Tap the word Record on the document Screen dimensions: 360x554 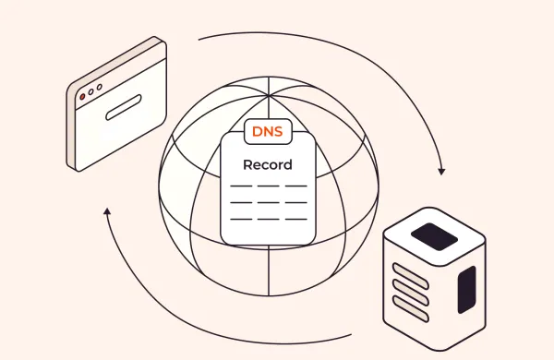click(x=268, y=165)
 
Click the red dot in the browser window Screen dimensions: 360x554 click(x=82, y=96)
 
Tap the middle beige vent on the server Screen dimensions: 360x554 click(x=408, y=294)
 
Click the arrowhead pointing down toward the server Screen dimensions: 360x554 click(x=441, y=171)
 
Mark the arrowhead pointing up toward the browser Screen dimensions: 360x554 click(x=107, y=212)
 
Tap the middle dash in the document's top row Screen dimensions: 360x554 click(x=268, y=186)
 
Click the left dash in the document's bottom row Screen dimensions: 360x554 click(x=240, y=219)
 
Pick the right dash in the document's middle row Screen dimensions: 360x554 click(x=295, y=202)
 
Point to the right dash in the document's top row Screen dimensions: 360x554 click(x=295, y=186)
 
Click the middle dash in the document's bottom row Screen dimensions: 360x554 click(x=268, y=219)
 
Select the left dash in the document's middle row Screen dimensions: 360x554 click(x=240, y=202)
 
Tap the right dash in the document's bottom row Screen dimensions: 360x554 click(x=295, y=219)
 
